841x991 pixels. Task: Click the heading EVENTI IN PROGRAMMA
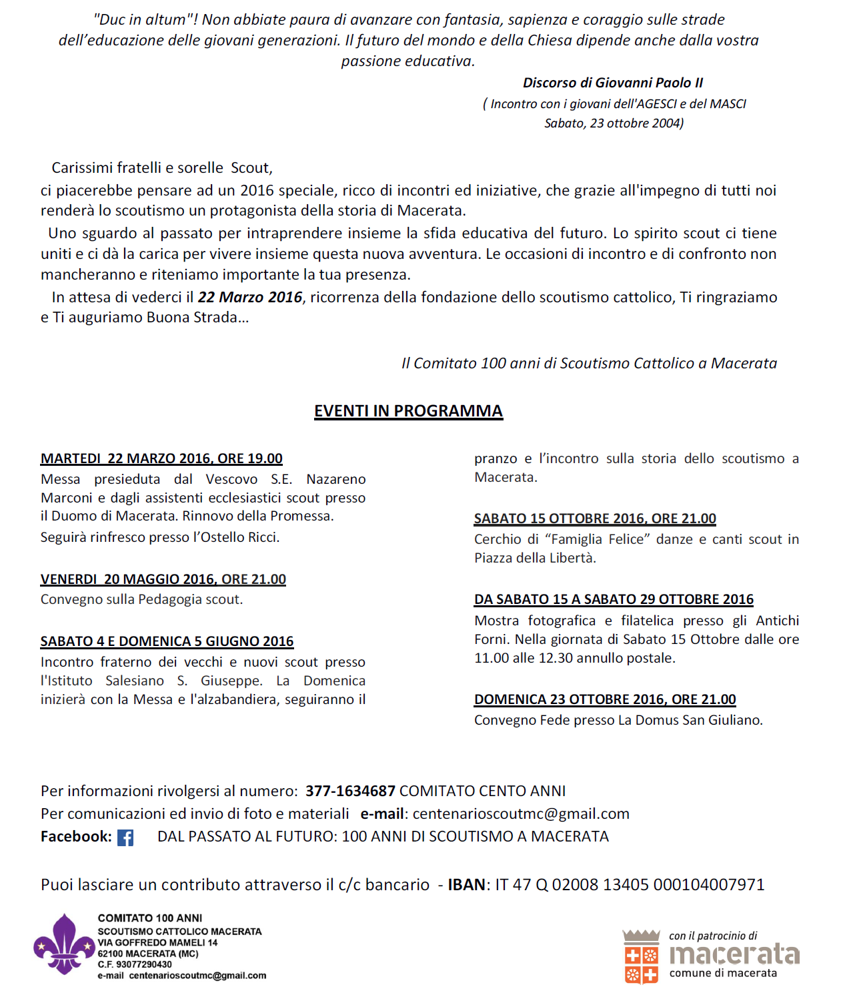click(x=408, y=410)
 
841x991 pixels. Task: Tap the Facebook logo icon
click(x=125, y=838)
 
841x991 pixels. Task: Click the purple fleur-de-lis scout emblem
click(x=65, y=944)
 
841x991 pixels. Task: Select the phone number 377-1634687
click(x=350, y=791)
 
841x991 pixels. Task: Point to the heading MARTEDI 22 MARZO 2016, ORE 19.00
click(x=161, y=458)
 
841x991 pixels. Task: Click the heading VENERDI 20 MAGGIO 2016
click(x=163, y=579)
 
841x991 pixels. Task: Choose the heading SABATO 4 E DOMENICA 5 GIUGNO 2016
click(x=167, y=641)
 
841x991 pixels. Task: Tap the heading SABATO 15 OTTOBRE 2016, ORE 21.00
click(x=595, y=519)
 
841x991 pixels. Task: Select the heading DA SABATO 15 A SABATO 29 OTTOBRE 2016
click(x=614, y=599)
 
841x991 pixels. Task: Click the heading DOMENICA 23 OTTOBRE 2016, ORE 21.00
click(x=605, y=699)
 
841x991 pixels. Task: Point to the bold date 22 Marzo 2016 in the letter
click(x=250, y=297)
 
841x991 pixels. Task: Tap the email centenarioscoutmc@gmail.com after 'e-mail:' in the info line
click(x=521, y=813)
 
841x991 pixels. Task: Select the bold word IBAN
click(x=466, y=885)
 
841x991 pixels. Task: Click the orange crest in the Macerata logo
click(x=641, y=957)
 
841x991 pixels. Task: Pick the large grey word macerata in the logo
click(x=734, y=954)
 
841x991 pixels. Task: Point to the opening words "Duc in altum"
click(x=141, y=20)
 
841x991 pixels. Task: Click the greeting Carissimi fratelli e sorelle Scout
click(x=161, y=168)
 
